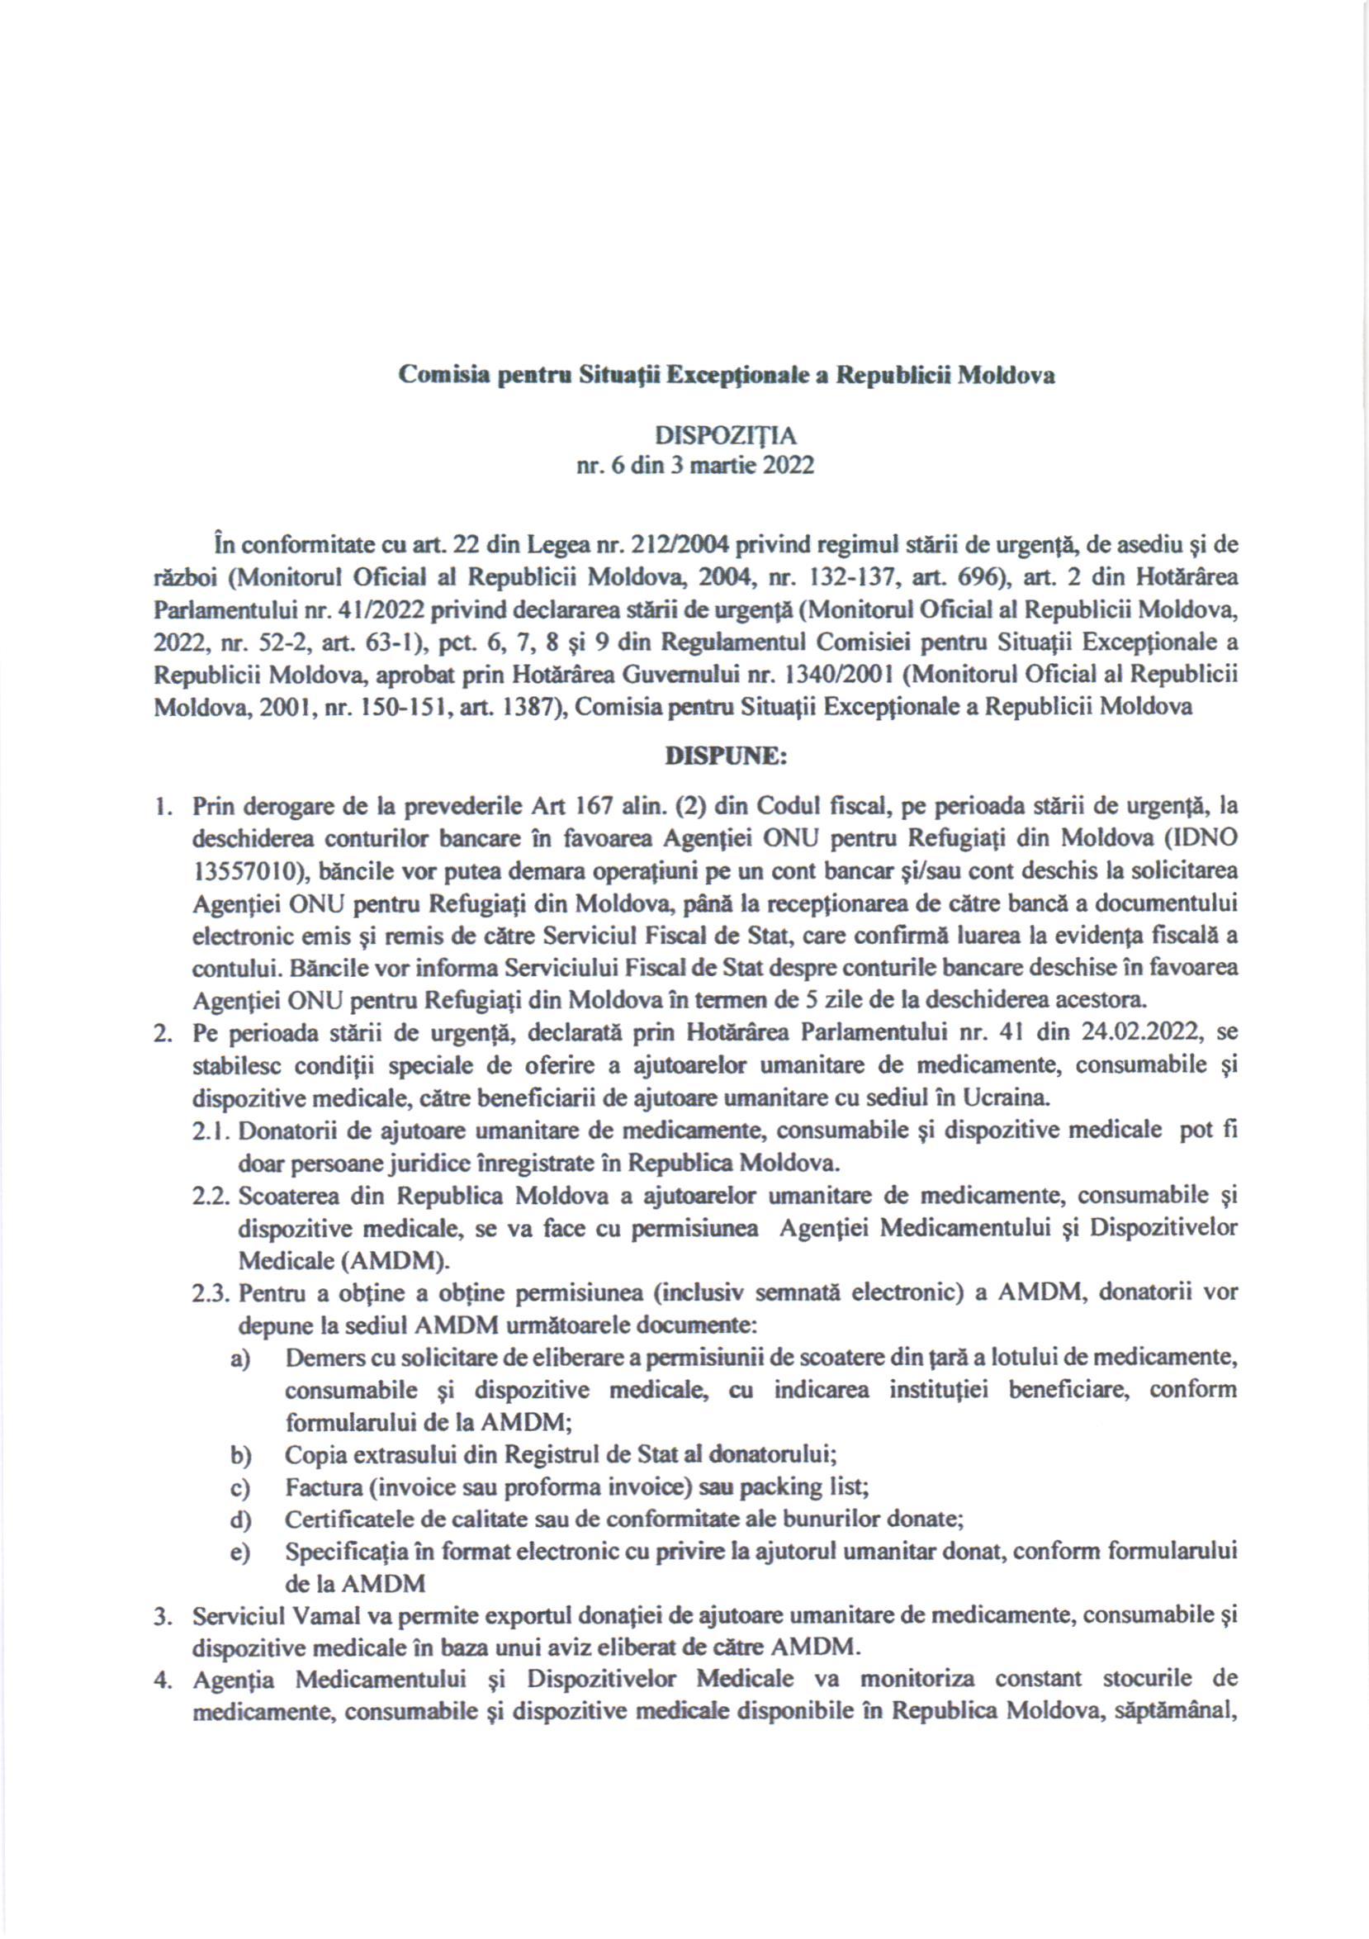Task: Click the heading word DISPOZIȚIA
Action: [726, 436]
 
